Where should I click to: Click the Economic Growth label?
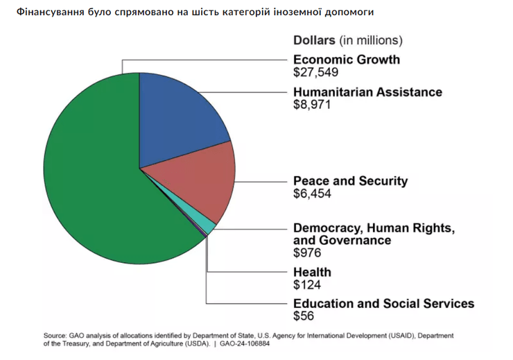347,60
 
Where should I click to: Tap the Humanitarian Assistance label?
367,92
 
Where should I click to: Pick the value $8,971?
312,105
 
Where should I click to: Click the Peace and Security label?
351,181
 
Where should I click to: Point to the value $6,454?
312,194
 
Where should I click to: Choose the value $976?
307,253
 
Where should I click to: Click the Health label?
312,272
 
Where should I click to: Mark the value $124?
307,284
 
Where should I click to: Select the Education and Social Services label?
383,303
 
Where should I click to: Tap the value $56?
304,316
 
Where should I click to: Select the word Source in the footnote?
53,334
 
